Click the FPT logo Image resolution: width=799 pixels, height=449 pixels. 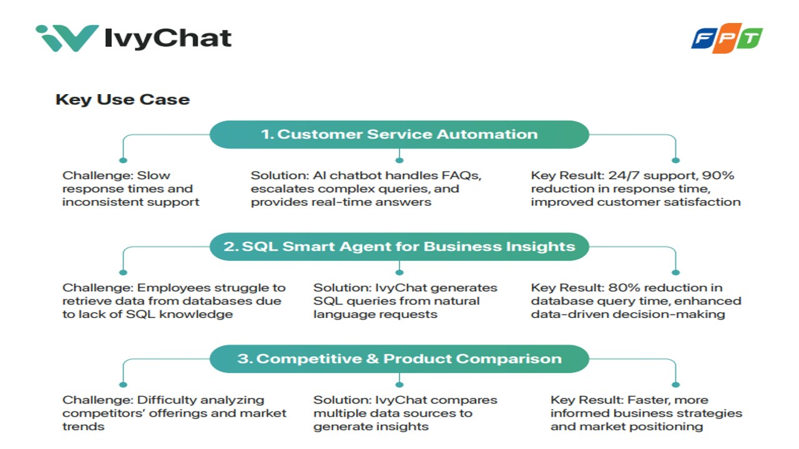(727, 39)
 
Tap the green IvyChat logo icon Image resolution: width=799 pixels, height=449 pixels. (67, 38)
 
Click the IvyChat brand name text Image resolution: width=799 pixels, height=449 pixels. (168, 39)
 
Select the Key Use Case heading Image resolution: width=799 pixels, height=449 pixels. (122, 99)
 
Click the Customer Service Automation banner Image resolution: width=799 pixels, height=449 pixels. (399, 134)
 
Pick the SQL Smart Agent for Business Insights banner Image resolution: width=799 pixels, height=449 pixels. (399, 246)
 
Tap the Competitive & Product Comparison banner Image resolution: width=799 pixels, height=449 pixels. (399, 359)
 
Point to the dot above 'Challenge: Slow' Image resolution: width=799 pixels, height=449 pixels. (123, 160)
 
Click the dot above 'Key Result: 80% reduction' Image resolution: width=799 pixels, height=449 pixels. (675, 273)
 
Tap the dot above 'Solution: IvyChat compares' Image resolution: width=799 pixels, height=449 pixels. (399, 385)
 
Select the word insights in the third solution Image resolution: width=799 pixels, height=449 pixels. (404, 427)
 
